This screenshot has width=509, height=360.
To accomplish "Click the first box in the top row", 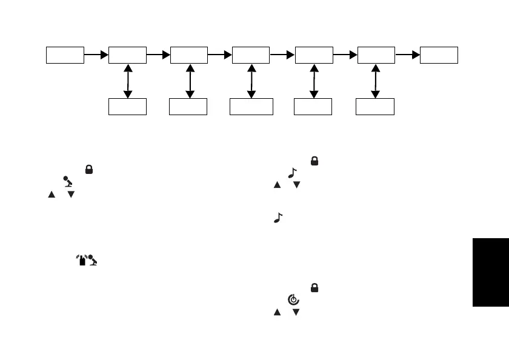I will tap(65, 55).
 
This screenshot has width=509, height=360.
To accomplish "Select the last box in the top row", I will tap(439, 55).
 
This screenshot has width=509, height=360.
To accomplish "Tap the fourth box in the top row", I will tap(251, 55).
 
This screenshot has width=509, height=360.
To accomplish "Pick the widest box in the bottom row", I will tap(251, 106).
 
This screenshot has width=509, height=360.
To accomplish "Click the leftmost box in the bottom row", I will tap(127, 106).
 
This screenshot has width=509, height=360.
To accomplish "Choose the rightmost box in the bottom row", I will tap(375, 106).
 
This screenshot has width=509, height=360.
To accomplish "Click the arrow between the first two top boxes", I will tap(96, 55).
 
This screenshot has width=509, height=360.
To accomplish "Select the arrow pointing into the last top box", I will tap(408, 55).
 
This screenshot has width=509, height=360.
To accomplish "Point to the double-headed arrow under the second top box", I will tap(127, 81).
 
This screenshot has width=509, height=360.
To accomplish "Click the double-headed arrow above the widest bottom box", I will tap(251, 81).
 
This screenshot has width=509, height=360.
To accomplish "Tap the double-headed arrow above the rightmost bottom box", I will tap(375, 81).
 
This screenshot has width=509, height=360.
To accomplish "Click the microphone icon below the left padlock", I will tap(67, 182).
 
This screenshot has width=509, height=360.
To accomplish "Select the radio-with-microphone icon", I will tap(87, 261).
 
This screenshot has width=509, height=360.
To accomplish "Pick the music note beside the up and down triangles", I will tap(293, 173).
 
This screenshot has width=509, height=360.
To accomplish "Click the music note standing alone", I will tap(278, 217).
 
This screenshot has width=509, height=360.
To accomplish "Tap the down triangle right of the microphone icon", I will tap(71, 194).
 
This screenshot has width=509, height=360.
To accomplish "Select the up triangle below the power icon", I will tap(278, 312).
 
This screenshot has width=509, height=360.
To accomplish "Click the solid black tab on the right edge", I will tap(490, 272).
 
